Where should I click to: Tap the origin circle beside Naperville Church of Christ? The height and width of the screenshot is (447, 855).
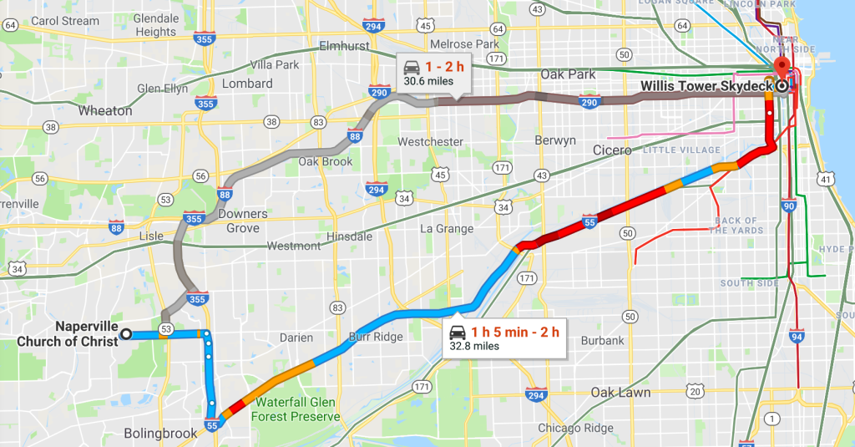(x=126, y=334)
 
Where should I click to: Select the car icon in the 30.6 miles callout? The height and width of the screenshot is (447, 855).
(x=412, y=67)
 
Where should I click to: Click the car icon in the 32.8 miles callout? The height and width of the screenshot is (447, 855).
(x=458, y=331)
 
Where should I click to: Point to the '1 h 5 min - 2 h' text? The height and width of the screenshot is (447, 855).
(x=515, y=332)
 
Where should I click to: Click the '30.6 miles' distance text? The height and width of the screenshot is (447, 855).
(x=428, y=82)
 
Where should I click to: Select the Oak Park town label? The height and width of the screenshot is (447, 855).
(x=568, y=74)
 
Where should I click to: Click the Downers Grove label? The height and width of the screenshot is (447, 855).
(x=243, y=221)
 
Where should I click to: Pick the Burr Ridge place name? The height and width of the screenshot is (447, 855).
(x=375, y=338)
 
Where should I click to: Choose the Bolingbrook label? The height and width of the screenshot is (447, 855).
(x=160, y=433)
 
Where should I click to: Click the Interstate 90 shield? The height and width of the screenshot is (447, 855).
(x=789, y=206)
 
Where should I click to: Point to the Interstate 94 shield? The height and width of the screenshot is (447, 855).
(x=797, y=337)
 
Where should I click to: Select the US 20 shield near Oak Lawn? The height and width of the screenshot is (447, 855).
(x=695, y=392)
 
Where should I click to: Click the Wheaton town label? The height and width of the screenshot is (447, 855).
(x=104, y=110)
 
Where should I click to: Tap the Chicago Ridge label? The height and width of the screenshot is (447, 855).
(x=575, y=428)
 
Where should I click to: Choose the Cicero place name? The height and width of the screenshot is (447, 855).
(x=613, y=150)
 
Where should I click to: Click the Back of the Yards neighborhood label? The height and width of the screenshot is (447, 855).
(x=736, y=226)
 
